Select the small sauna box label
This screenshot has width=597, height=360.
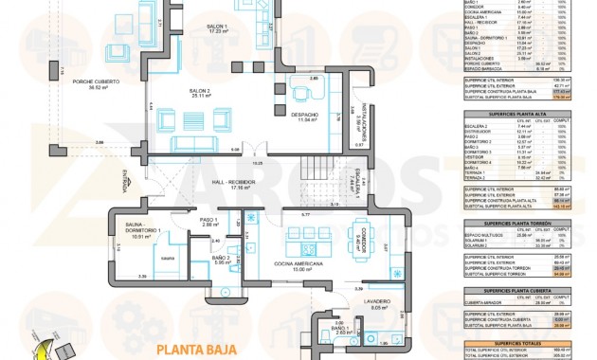pos(166,258)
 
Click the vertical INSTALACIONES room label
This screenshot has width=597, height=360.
pos(360,115)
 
